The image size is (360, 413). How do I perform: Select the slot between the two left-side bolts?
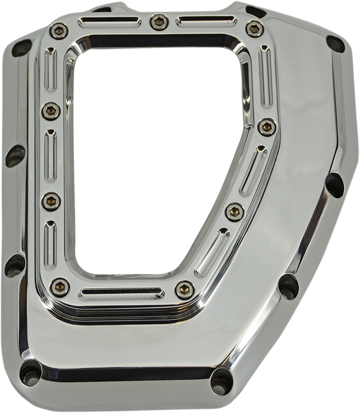pos(50,155)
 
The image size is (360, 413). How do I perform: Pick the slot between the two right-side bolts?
pos(251,168)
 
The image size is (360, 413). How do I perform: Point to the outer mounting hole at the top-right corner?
pos(335,43)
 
